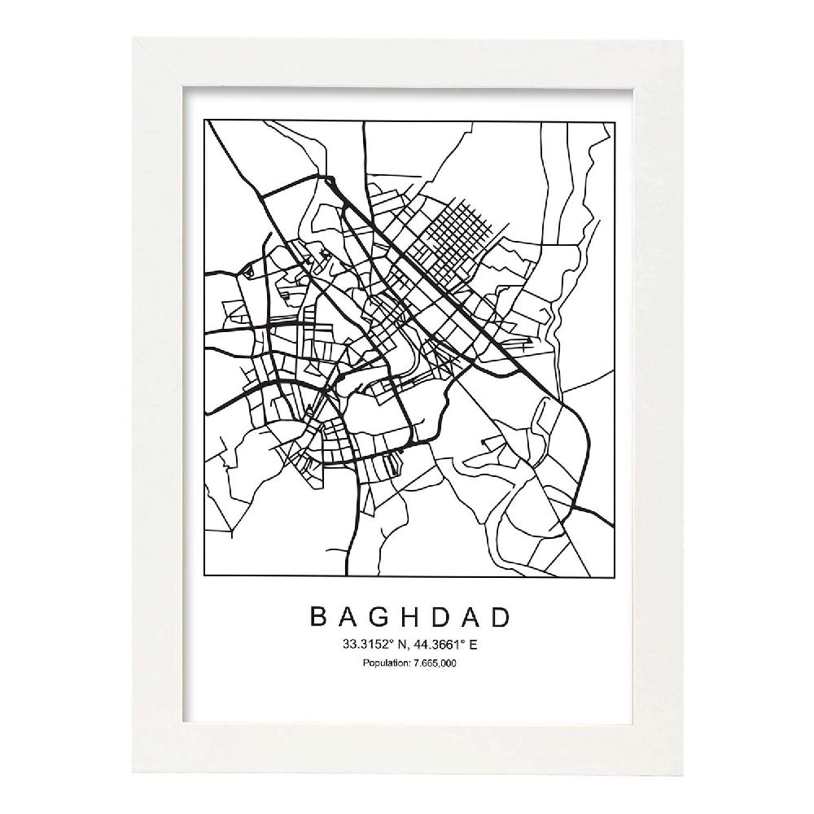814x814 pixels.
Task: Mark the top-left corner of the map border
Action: pos(206,120)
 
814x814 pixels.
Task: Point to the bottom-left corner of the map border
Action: pos(206,576)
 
